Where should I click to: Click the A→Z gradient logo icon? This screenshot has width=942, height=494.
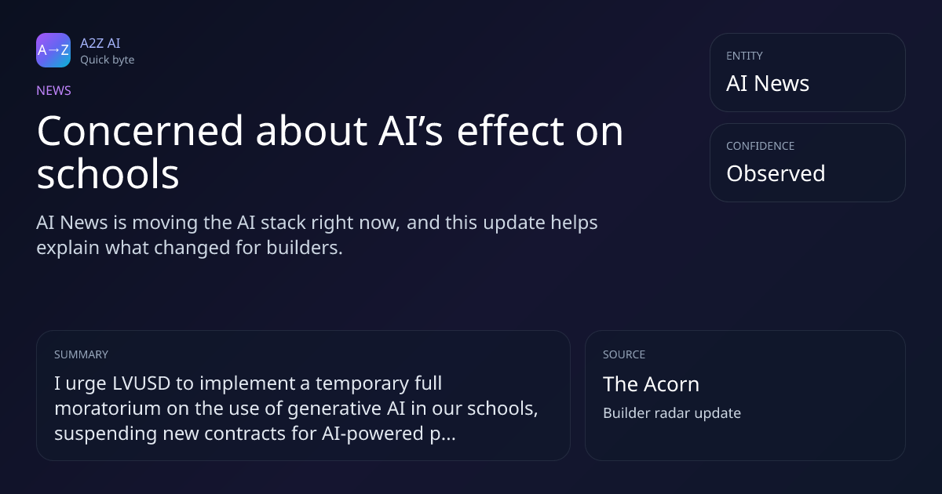(x=53, y=50)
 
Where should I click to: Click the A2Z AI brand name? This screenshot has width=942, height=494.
(x=100, y=43)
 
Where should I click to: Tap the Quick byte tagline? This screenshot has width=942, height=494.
(x=108, y=60)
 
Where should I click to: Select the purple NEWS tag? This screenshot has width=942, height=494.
(x=54, y=90)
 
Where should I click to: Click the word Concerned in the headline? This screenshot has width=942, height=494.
(x=140, y=131)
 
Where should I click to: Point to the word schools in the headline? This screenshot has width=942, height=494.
(x=108, y=174)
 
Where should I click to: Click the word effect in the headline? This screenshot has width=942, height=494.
(x=510, y=131)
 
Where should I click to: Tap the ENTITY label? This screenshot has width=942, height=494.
(x=744, y=56)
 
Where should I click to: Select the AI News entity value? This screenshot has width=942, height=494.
(x=768, y=83)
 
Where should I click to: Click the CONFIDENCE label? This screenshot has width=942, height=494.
(x=761, y=146)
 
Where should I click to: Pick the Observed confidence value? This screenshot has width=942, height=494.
(x=776, y=173)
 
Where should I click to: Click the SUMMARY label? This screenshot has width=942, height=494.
(x=81, y=354)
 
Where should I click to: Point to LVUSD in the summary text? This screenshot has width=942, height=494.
(x=141, y=383)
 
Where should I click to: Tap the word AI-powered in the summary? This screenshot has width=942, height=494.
(x=373, y=434)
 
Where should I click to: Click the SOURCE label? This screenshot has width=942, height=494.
(x=624, y=354)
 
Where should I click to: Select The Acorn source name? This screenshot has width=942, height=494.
(x=651, y=384)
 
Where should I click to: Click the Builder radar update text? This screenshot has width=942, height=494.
(x=672, y=413)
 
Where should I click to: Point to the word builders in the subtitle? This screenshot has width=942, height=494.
(x=305, y=248)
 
